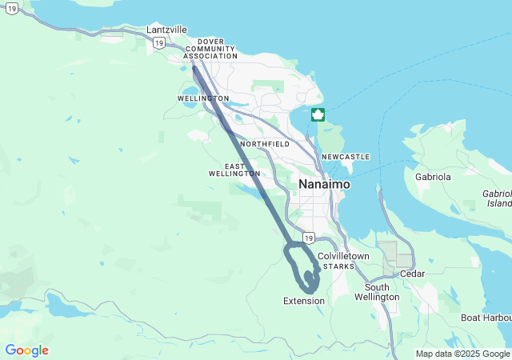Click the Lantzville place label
166,30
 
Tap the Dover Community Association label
210,50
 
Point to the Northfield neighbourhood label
264,144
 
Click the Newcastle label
346,157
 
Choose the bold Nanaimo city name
324,184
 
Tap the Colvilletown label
343,256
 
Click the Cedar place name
413,274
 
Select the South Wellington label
382,292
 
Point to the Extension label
304,301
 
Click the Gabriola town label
434,176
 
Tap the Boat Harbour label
486,318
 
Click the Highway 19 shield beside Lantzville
159,42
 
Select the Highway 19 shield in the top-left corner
11,7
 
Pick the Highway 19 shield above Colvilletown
309,238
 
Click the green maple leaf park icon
318,114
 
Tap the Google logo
26,350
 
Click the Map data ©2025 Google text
462,354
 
